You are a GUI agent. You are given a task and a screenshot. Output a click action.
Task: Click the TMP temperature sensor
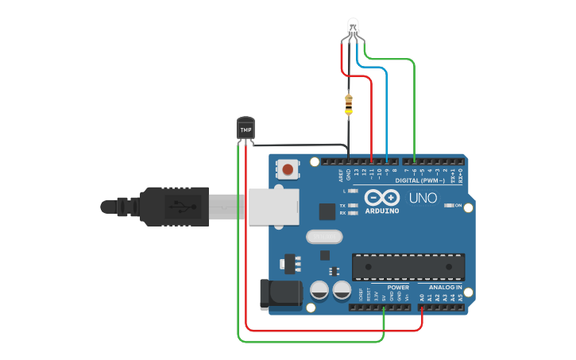click(246, 128)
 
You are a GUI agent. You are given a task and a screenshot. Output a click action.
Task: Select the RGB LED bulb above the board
click(354, 29)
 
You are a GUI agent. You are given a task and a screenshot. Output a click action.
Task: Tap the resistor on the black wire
click(349, 103)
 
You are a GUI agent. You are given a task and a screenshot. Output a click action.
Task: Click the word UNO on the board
click(423, 198)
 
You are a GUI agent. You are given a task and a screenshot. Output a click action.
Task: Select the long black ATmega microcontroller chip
click(408, 267)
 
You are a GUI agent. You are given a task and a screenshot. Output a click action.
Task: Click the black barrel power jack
click(280, 293)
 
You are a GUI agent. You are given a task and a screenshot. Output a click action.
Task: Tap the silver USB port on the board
click(273, 207)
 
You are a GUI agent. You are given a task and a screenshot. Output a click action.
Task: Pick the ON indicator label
click(458, 205)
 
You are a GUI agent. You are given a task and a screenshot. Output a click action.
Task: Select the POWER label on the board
click(398, 287)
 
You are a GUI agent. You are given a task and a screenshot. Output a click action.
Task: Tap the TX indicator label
click(342, 205)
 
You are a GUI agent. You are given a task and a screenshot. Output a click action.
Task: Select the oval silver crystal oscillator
click(323, 236)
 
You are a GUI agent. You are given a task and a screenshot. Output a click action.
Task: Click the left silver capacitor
click(320, 289)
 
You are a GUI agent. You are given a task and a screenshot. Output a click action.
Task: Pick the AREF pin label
click(340, 176)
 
